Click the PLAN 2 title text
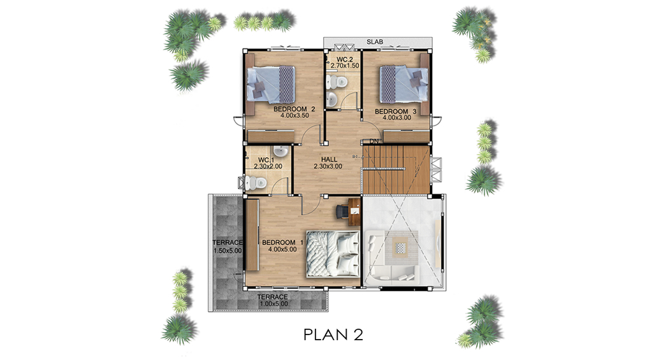[x=333, y=335]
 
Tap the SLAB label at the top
[x=375, y=41]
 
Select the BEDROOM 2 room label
[x=294, y=109]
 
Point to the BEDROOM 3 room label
[x=395, y=112]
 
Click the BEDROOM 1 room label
[x=282, y=242]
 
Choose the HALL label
[x=329, y=160]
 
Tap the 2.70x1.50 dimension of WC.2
[x=345, y=66]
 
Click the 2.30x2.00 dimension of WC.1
[x=268, y=166]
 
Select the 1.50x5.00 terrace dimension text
[x=228, y=250]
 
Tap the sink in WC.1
[x=280, y=152]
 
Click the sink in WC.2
[x=332, y=99]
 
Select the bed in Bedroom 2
[x=271, y=84]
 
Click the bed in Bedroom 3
[x=403, y=84]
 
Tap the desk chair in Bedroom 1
[x=342, y=211]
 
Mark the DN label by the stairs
[x=373, y=141]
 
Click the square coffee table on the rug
[x=400, y=247]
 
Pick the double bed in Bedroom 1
[x=333, y=254]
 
